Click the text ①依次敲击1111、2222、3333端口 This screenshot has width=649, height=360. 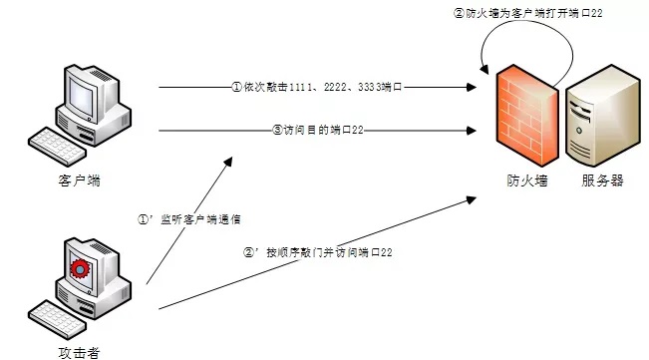click(316, 87)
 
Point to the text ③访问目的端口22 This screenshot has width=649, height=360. click(316, 130)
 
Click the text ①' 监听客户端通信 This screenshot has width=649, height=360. click(189, 218)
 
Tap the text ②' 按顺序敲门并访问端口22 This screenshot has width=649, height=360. click(317, 252)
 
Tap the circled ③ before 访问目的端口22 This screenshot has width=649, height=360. click(278, 130)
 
